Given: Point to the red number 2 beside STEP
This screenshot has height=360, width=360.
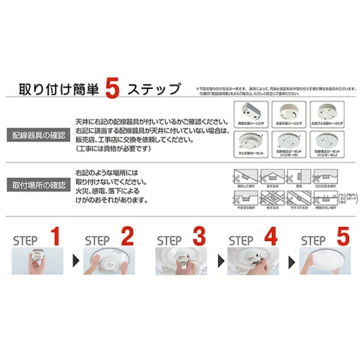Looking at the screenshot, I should [x=127, y=237].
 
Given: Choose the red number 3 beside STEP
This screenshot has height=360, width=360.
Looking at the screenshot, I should [x=198, y=237].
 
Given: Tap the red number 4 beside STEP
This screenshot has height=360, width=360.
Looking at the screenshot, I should [x=270, y=237].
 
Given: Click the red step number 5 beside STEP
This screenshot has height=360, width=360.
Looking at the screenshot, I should [x=342, y=237].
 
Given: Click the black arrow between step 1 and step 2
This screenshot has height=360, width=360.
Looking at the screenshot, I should [x=75, y=261].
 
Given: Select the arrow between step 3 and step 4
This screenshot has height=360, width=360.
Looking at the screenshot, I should [x=220, y=261].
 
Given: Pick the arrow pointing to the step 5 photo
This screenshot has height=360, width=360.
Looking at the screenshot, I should [x=292, y=261].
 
